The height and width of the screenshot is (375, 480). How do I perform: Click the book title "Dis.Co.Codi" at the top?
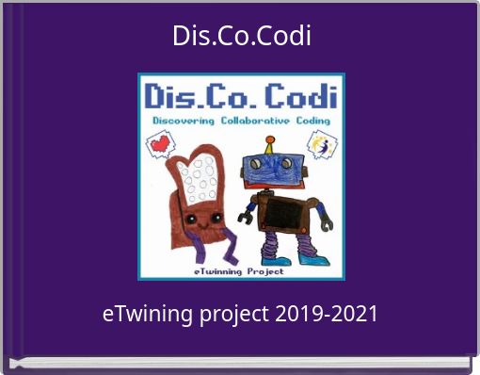(241, 37)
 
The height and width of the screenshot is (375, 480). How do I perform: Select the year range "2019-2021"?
(328, 314)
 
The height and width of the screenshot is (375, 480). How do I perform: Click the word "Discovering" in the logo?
(182, 122)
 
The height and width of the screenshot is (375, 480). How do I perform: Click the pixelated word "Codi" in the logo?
(302, 98)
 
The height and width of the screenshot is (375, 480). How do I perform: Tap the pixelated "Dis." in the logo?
(176, 98)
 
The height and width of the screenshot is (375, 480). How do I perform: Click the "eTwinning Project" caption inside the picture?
(242, 270)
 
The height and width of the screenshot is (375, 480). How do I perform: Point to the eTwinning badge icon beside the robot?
(322, 146)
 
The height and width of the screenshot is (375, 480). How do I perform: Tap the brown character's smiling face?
(195, 219)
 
